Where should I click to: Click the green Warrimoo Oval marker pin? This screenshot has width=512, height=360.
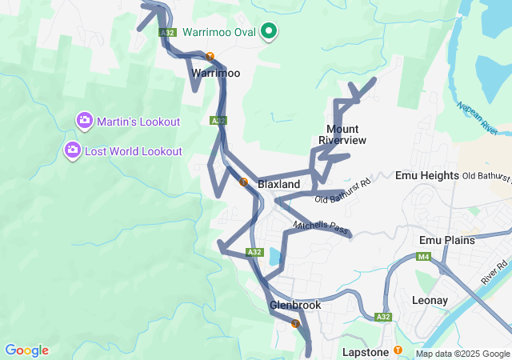[x=270, y=31]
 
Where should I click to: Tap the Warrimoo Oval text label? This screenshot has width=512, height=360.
[x=219, y=32]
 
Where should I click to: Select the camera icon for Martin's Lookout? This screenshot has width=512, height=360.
[x=84, y=121]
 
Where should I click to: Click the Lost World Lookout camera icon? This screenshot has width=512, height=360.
[x=72, y=150]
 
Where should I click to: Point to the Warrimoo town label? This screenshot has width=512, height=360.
[x=215, y=72]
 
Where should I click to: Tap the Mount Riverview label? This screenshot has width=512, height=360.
[x=342, y=134]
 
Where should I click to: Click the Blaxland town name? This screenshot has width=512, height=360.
[x=279, y=184]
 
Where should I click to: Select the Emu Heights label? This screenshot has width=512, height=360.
[x=426, y=175]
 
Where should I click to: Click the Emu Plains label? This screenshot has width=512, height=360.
[x=446, y=240]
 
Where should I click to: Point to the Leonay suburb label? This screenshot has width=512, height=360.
[x=434, y=300]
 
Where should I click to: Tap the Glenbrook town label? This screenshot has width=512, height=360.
[x=295, y=305]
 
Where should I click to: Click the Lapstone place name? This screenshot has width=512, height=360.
[x=365, y=352]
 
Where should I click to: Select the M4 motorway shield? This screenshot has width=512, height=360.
[x=421, y=257]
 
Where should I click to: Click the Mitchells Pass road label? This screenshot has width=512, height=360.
[x=321, y=229]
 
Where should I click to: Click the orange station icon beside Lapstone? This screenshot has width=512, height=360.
[x=398, y=350]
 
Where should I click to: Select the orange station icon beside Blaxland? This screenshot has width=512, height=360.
[x=243, y=182]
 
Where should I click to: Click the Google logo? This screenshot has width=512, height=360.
[x=26, y=350]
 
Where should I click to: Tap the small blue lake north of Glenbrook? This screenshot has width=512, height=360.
[x=275, y=258]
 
